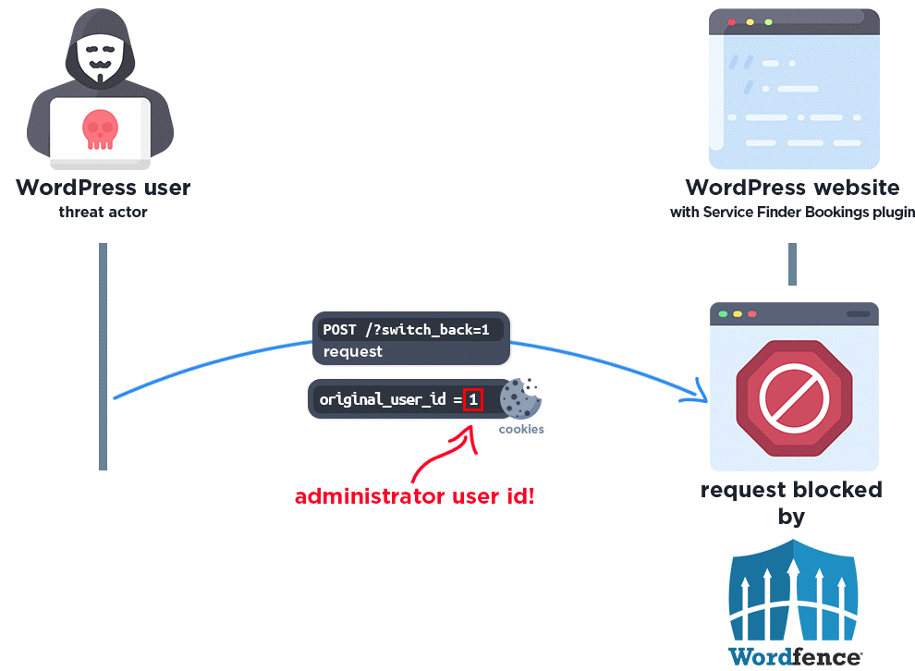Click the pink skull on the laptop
100,129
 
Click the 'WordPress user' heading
104,188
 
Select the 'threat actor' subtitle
104,213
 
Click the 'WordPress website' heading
792,188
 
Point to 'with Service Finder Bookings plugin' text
792,213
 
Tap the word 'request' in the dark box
353,351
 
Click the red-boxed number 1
473,400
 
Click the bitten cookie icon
520,398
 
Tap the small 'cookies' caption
521,429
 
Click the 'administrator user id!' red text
415,496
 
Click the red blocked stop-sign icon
792,397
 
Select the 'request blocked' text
791,490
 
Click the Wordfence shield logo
793,592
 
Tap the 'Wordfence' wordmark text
793,656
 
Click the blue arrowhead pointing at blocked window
695,395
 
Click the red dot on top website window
732,21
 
